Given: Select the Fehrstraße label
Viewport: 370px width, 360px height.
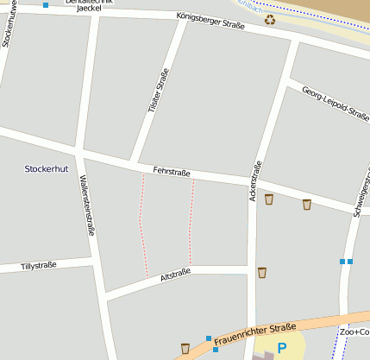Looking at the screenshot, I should (171, 173).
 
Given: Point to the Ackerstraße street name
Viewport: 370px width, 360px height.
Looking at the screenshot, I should (255, 182).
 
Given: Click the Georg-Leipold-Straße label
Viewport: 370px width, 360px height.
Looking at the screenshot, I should (335, 106).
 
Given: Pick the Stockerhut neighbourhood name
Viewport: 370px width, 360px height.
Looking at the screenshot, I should (47, 168).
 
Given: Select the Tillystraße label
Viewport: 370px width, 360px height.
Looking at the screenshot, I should (39, 266).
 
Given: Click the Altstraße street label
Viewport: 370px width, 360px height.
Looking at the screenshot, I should (175, 274).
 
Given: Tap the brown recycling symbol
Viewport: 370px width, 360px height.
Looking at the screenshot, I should (270, 19).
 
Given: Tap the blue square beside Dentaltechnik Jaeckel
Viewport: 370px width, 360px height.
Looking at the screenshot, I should (45, 5).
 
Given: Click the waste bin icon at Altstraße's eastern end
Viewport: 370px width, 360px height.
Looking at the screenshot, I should (262, 273).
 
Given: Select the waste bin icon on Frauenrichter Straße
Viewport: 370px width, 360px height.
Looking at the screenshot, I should (185, 348).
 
